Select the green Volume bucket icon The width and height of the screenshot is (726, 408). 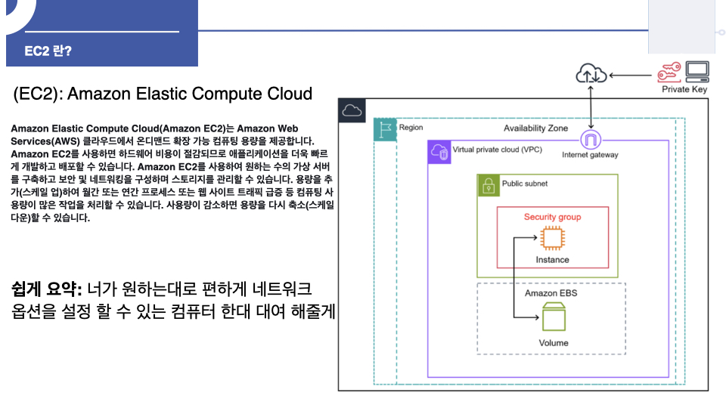click(554, 317)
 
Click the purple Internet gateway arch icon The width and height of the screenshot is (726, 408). click(590, 140)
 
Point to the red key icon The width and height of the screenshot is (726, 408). click(669, 73)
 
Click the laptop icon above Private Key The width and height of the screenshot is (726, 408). click(697, 72)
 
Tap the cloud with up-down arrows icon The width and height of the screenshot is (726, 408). click(591, 73)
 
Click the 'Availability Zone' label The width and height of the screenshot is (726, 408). click(535, 128)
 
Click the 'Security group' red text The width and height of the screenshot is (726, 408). click(552, 217)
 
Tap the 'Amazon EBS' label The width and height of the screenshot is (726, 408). click(551, 292)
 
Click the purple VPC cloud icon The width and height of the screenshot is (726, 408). click(439, 152)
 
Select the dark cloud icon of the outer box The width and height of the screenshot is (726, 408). click(351, 110)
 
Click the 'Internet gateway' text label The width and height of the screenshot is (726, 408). click(590, 155)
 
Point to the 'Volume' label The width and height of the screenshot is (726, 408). click(553, 343)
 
